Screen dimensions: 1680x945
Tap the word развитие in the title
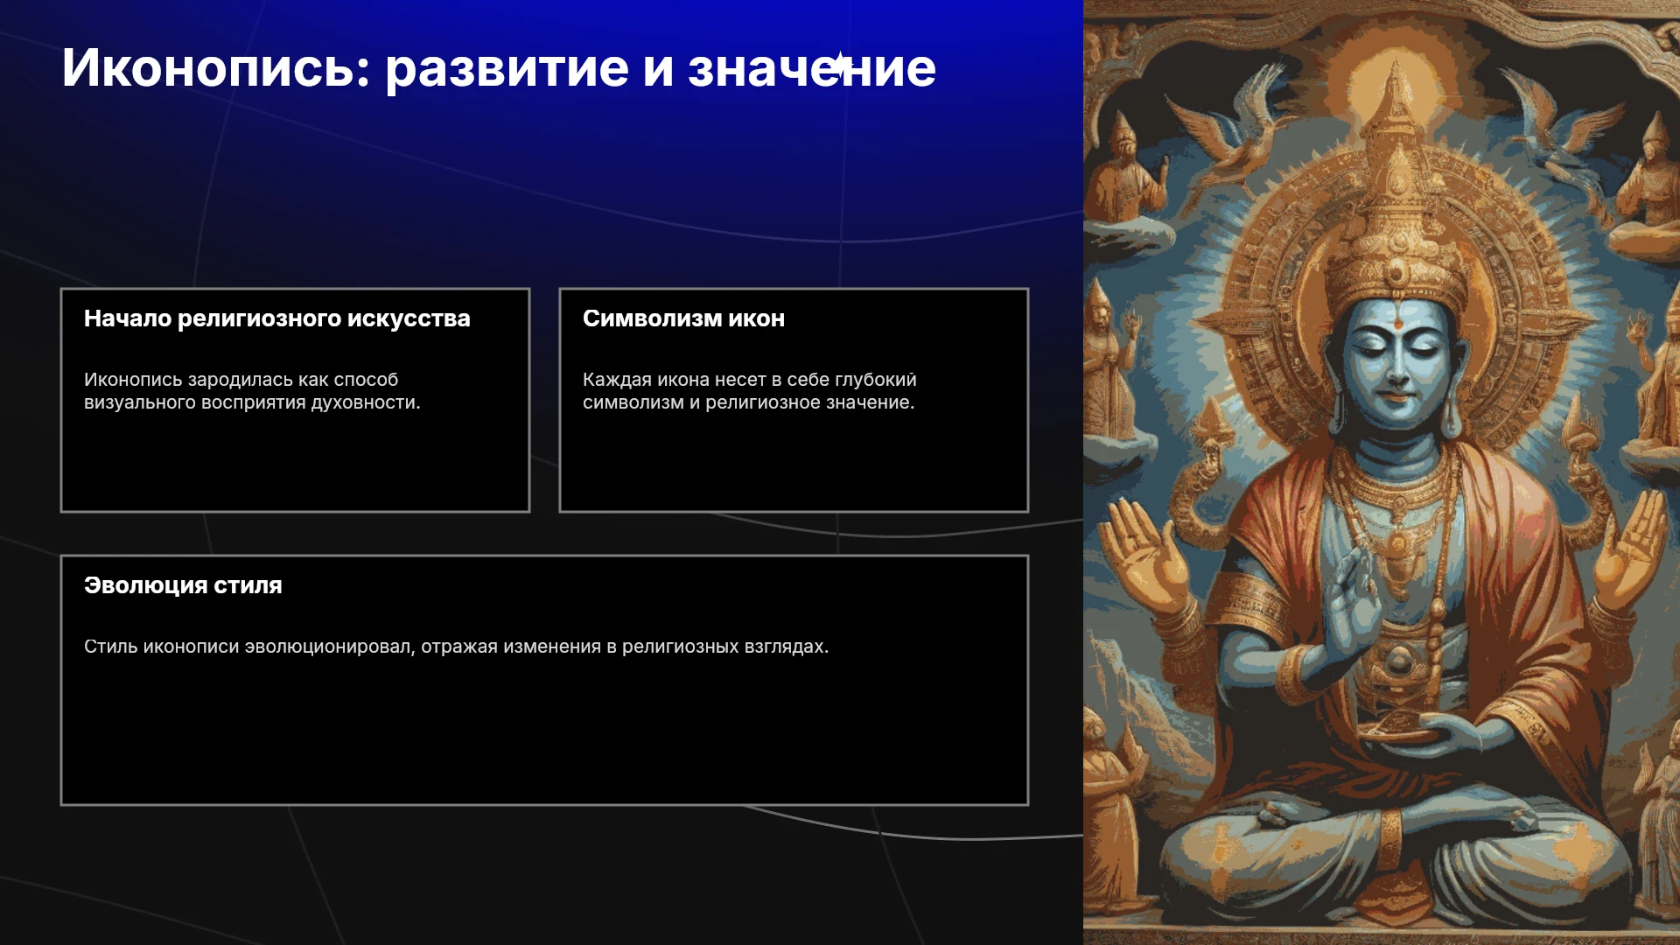507,68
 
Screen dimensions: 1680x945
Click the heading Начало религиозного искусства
277,318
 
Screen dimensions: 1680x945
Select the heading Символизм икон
683,318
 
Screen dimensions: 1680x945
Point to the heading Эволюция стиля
183,585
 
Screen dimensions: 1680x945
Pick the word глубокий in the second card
876,380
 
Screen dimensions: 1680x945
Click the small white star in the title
839,64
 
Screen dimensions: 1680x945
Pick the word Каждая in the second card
617,380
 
